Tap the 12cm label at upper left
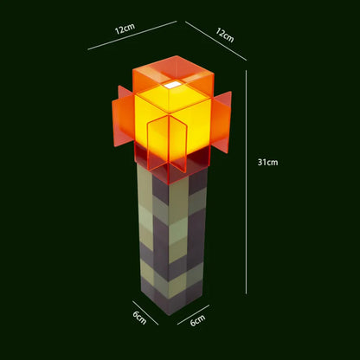125,27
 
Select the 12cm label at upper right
224,35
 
